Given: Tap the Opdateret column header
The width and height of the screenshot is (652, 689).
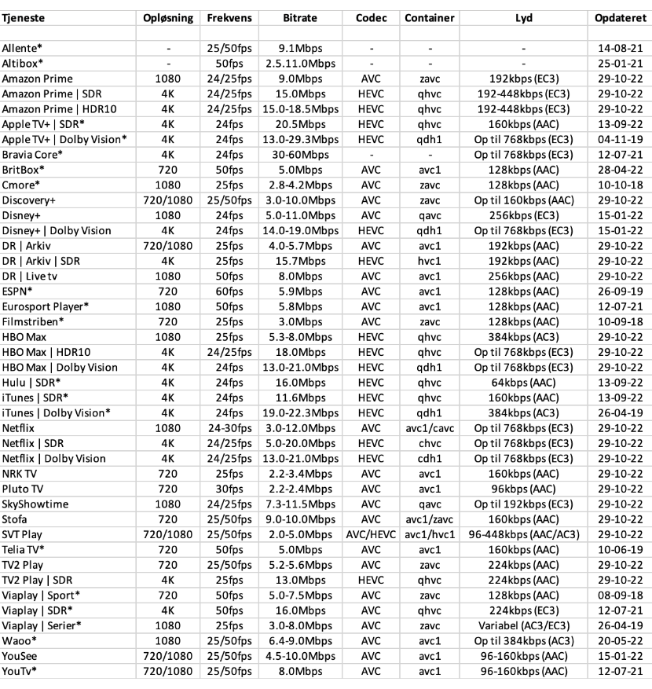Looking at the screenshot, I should pyautogui.click(x=620, y=17).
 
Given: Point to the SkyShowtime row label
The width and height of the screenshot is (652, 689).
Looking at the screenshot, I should pyautogui.click(x=35, y=504).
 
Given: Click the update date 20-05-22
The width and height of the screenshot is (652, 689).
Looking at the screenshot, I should pyautogui.click(x=620, y=640).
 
